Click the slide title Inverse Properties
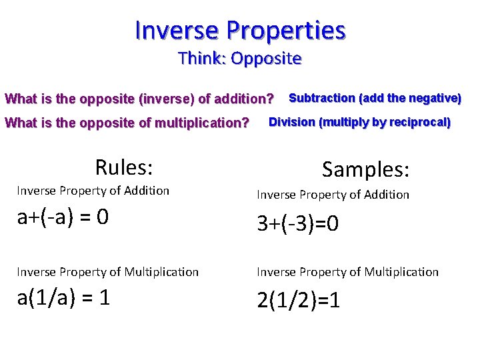tap(240, 30)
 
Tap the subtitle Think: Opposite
tap(240, 59)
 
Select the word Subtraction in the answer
tap(321, 98)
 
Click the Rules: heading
tap(125, 166)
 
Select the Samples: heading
tap(365, 169)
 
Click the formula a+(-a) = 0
tap(63, 218)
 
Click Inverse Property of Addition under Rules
tap(93, 191)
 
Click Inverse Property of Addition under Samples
tap(333, 195)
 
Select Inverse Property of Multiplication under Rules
tap(107, 272)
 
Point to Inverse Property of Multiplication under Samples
tap(348, 272)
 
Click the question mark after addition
tap(269, 100)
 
